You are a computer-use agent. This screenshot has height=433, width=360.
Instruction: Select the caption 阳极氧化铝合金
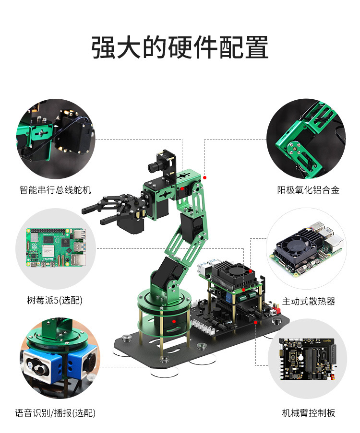coord(308,190)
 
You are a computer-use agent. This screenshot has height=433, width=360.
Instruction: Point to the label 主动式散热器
coord(308,301)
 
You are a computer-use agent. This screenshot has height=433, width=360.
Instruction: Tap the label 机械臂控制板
coord(308,413)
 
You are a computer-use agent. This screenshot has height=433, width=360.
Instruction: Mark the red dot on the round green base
coord(174,320)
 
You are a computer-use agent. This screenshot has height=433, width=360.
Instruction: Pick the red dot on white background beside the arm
coord(204,177)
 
